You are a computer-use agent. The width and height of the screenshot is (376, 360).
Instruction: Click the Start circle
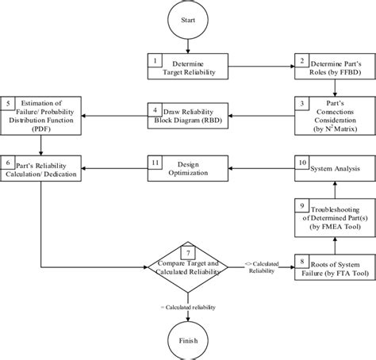pos(187,18)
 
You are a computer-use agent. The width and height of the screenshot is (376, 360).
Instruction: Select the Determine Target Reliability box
pos(187,66)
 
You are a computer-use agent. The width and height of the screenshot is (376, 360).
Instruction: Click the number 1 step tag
pos(156,60)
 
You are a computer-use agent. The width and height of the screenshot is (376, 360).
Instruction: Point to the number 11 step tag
pos(156,161)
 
